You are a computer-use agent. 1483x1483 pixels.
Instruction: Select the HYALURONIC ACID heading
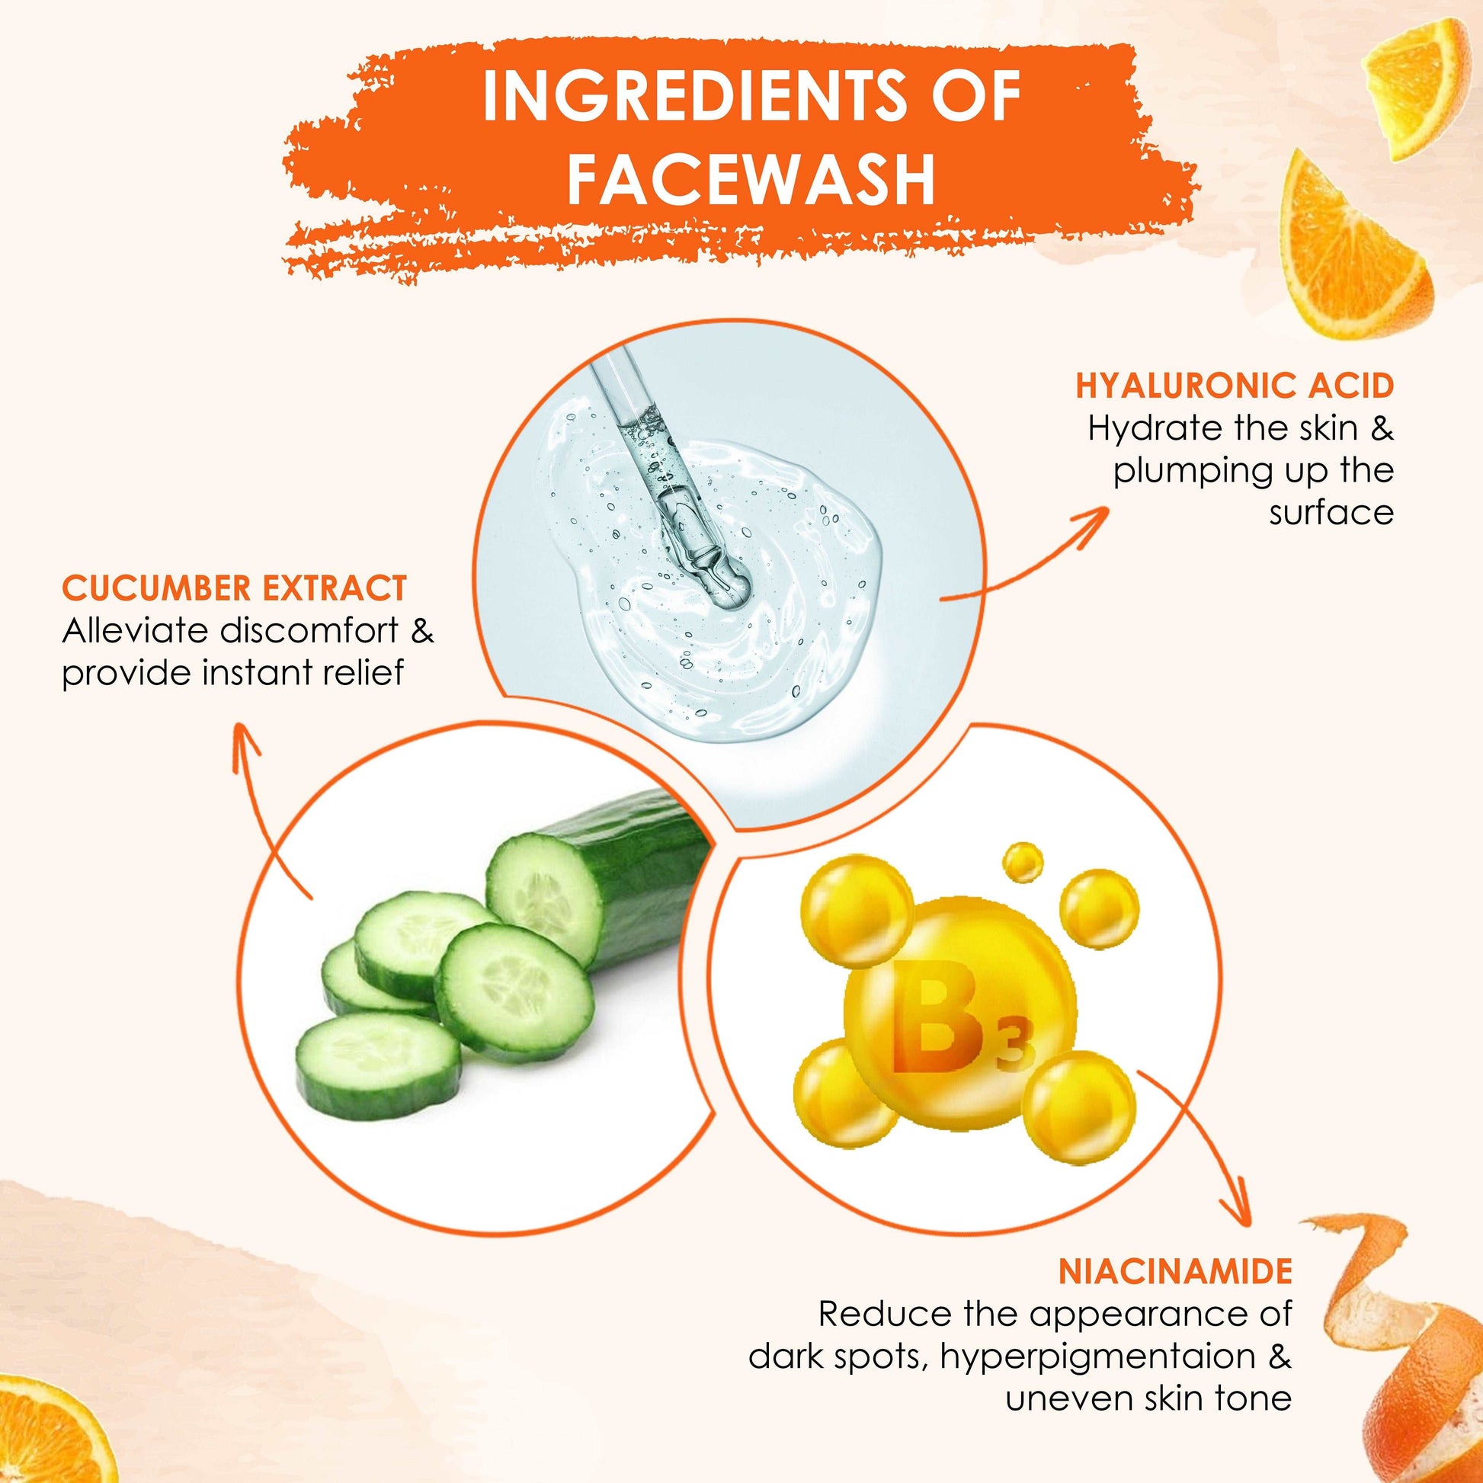pos(1235,387)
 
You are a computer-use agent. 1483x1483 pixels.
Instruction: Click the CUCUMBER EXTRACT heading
pos(234,588)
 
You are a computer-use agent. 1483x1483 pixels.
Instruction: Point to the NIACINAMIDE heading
pos(1175,1271)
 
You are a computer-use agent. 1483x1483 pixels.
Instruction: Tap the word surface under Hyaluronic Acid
pos(1331,513)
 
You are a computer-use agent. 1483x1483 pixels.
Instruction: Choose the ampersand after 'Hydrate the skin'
pos(1382,428)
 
